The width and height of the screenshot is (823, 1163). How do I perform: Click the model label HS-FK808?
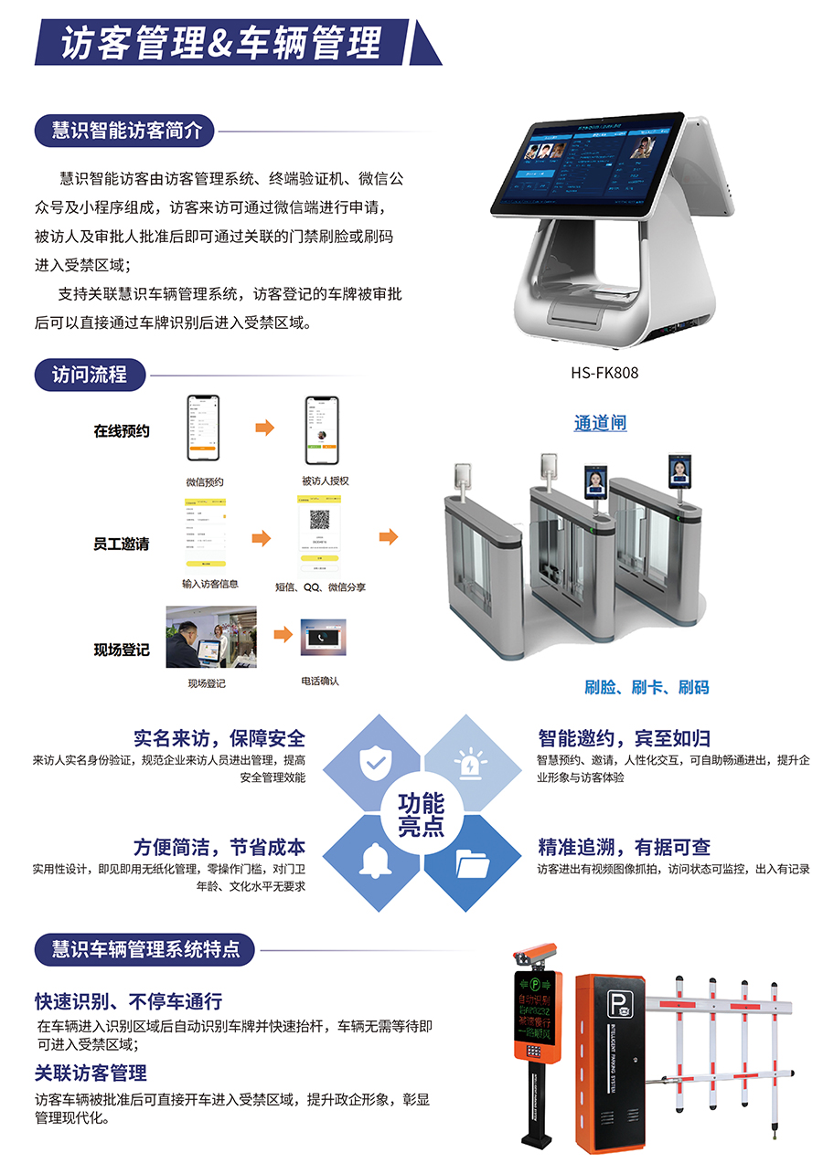pos(604,373)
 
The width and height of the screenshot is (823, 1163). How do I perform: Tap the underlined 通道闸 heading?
pos(600,423)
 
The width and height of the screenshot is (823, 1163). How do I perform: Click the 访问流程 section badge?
pos(89,375)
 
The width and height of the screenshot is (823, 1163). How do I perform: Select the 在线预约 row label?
pos(121,430)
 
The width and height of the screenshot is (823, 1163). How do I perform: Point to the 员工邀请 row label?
pos(121,544)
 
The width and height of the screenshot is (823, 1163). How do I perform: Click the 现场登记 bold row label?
pos(121,650)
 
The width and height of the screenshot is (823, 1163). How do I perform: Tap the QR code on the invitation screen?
pos(319,520)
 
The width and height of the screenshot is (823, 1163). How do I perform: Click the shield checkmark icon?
pos(373,764)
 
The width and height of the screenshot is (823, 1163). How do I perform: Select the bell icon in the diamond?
pos(373,861)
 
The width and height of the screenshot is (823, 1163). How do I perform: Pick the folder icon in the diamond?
pos(472,862)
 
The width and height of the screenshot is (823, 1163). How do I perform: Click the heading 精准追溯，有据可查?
pos(624,847)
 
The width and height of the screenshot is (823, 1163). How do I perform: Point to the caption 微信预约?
pos(205,481)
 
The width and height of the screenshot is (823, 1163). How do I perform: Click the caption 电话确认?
pos(319,681)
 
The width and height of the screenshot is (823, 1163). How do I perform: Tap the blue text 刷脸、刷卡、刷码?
pos(647,687)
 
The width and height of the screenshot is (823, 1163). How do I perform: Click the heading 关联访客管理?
pos(91,1073)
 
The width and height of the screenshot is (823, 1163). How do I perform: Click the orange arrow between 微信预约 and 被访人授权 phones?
pos(264,428)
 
